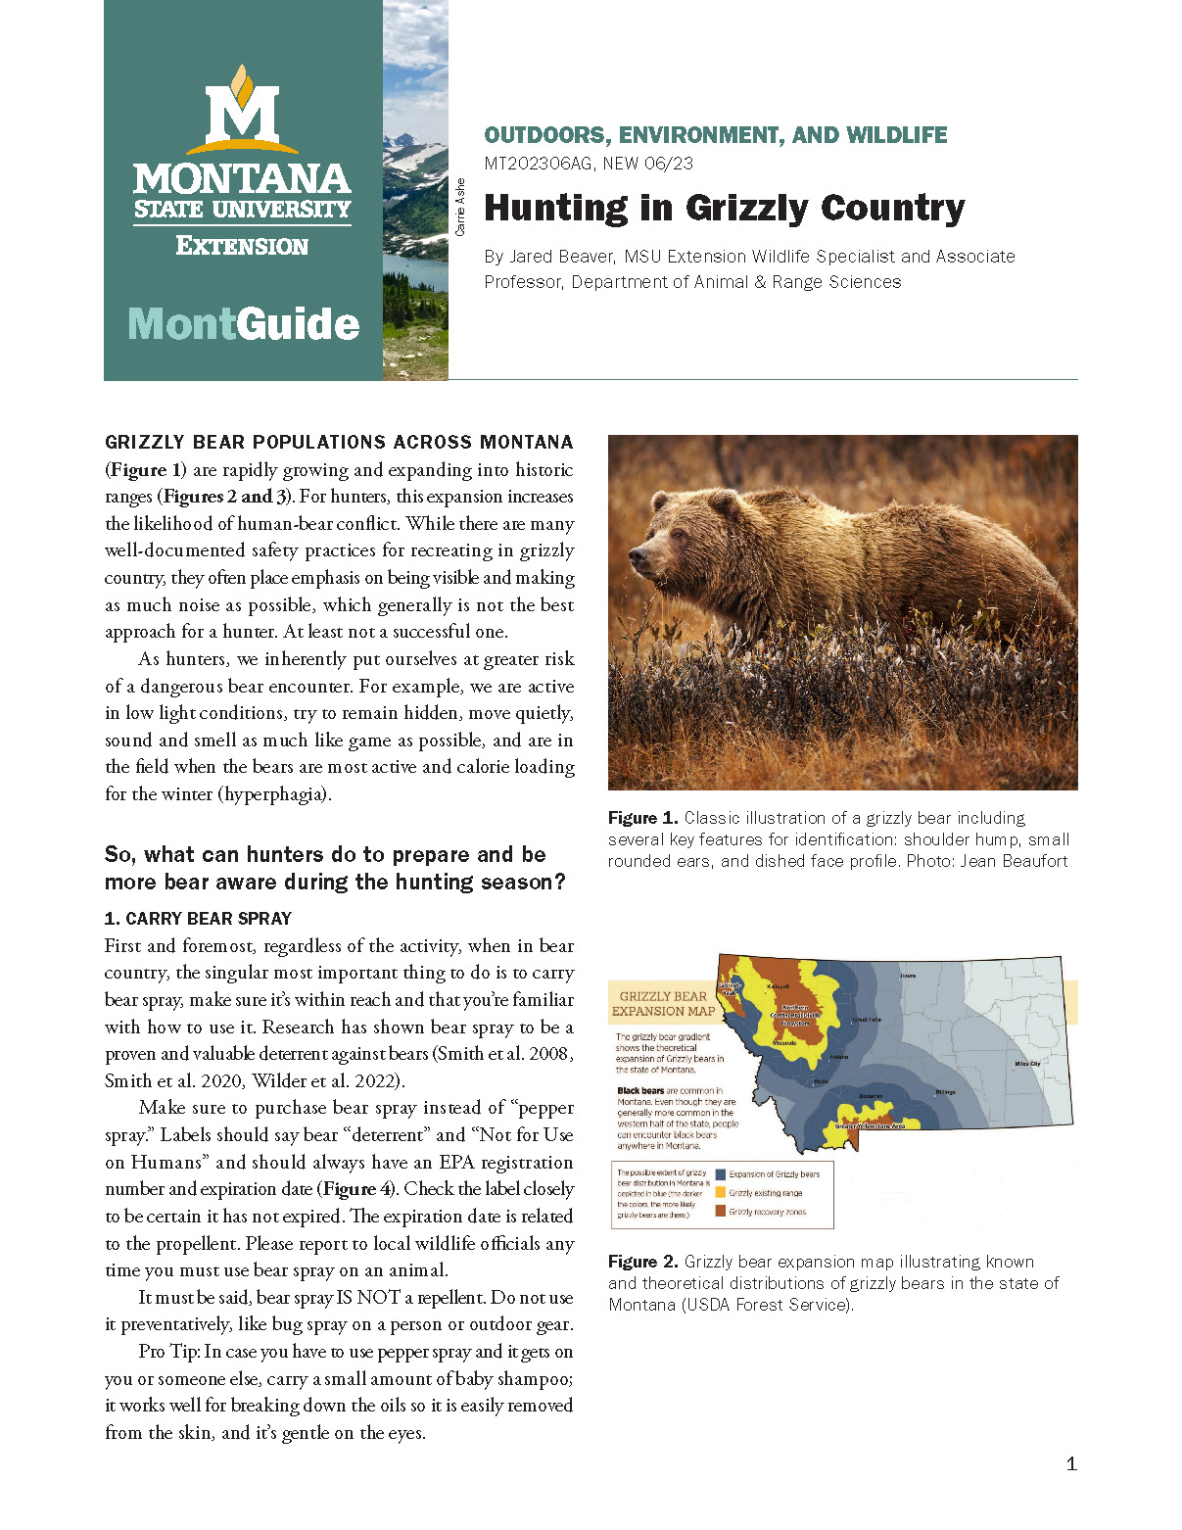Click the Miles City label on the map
point(1027,1063)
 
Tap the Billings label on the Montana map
point(945,1091)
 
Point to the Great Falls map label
point(867,1020)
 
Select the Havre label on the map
point(908,976)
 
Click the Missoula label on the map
point(784,1042)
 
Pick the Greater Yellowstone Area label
point(870,1126)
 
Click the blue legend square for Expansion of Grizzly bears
point(721,1173)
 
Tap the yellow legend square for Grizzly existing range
point(721,1192)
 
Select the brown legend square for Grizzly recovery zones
point(721,1212)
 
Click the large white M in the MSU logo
point(242,115)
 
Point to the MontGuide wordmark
point(244,324)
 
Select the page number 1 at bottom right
point(1070,1463)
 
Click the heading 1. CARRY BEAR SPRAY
point(198,919)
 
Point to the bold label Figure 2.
point(642,1262)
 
